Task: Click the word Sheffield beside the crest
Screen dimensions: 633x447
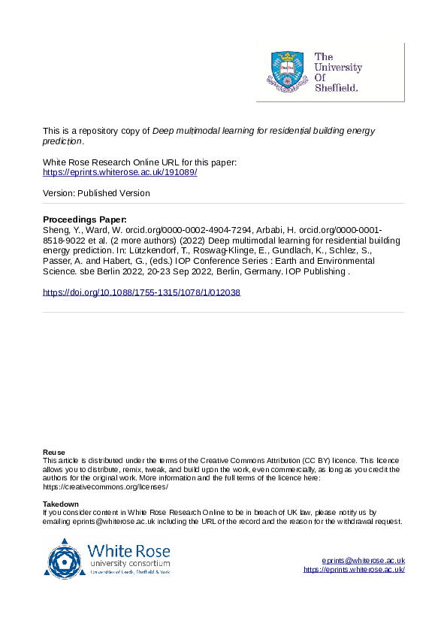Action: (336, 87)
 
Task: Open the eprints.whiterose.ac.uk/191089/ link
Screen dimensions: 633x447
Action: (120, 172)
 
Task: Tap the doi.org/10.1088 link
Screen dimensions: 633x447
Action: (141, 292)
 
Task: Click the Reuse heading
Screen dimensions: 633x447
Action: (53, 452)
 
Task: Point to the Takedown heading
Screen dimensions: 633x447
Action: (61, 504)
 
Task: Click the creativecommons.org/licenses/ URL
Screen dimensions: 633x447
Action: (105, 487)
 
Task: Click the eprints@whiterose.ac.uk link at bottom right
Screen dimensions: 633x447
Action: (364, 561)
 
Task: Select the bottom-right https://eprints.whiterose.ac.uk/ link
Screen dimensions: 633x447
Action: (354, 570)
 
